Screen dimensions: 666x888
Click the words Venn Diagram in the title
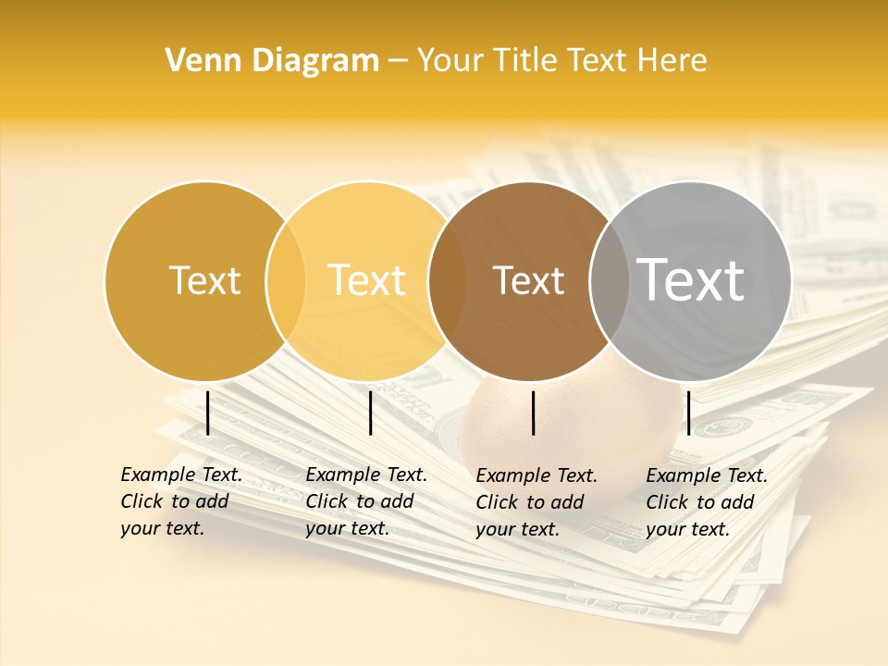(272, 61)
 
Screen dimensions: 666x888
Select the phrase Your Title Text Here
(561, 61)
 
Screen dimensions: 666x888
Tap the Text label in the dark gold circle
(204, 280)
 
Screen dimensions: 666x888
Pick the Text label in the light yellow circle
(367, 280)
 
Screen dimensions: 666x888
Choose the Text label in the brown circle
(528, 280)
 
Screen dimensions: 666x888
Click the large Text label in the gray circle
(691, 279)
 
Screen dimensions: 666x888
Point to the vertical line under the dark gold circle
(208, 413)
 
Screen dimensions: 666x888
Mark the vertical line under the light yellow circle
(370, 413)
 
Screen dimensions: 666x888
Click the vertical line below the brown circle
(534, 413)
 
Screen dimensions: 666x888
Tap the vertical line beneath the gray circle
(688, 413)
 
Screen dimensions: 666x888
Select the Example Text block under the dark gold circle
(181, 501)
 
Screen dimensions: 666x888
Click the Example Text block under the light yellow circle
(366, 501)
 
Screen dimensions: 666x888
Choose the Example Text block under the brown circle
(536, 502)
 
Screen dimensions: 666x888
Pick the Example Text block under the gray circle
(707, 502)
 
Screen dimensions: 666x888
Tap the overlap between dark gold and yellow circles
(286, 280)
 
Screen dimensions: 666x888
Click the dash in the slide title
(398, 62)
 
